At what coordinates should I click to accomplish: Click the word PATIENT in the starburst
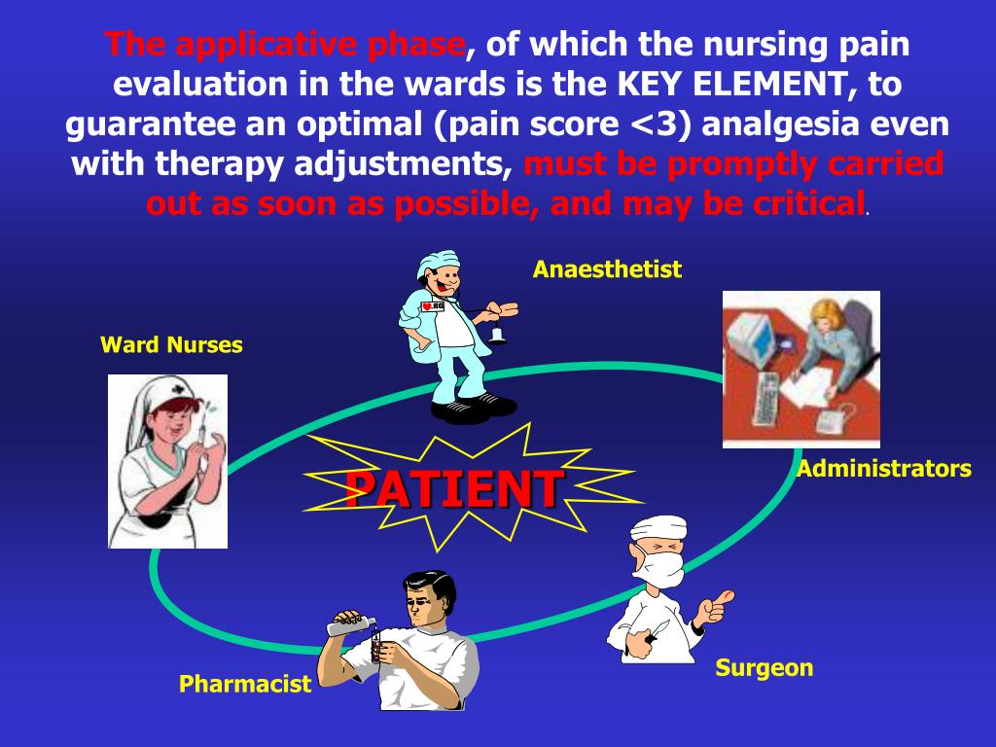tap(453, 488)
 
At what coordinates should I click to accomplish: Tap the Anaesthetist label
tap(607, 269)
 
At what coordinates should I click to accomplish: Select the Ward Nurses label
tap(171, 344)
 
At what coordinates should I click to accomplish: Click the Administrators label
tap(883, 469)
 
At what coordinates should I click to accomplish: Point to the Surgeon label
tap(764, 668)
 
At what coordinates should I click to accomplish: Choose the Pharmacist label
tap(244, 684)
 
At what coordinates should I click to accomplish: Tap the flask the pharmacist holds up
tap(351, 623)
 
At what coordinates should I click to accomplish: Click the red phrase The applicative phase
tap(285, 44)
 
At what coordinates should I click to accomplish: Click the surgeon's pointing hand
tap(718, 605)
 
